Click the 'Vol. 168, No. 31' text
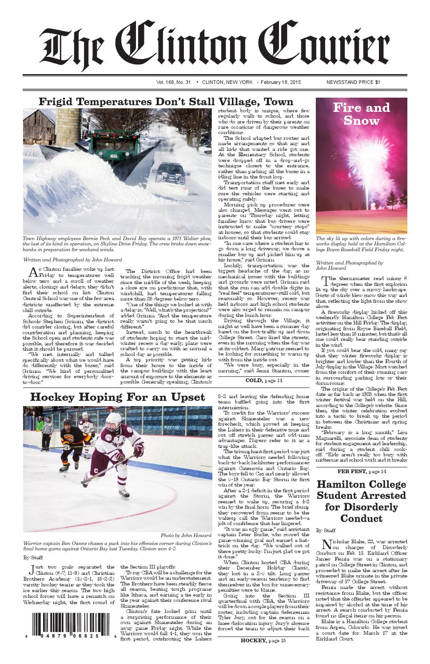[x=173, y=82]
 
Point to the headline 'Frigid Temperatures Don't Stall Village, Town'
[x=166, y=102]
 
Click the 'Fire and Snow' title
[x=361, y=114]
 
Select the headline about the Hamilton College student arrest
[x=361, y=501]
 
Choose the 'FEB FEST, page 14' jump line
[x=361, y=471]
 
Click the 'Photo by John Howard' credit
[x=186, y=536]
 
